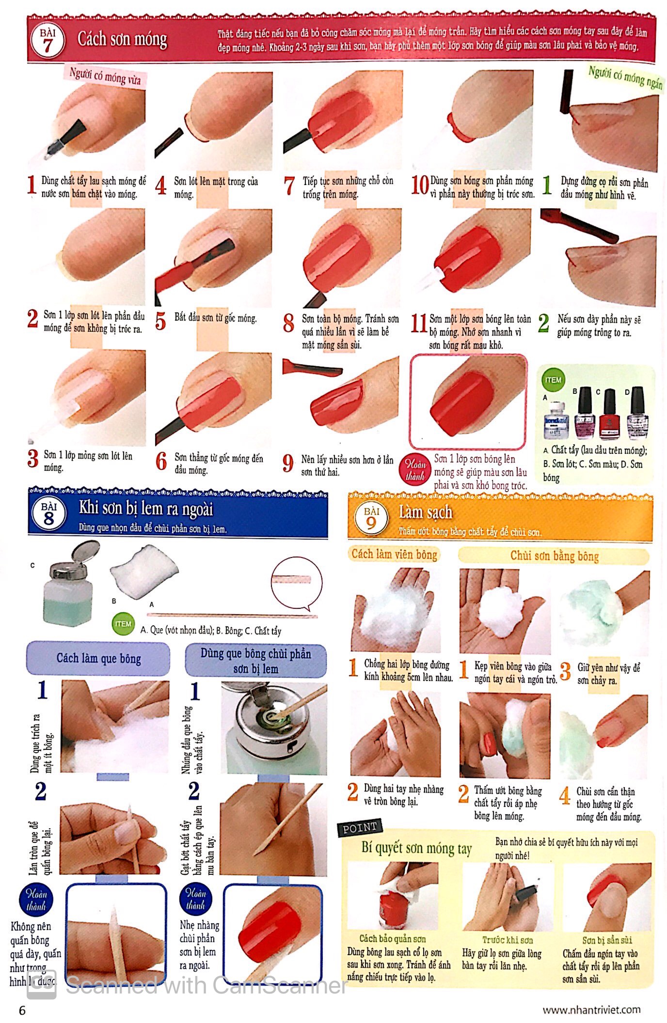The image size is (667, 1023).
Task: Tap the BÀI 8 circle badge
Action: (48, 514)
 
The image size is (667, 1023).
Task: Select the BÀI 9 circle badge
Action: (371, 518)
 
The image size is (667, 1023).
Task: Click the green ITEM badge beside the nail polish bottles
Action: (553, 380)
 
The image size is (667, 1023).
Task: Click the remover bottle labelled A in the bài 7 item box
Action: (555, 419)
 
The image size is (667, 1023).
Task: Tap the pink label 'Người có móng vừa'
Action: (105, 77)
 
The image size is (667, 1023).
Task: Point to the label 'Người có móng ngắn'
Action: (625, 77)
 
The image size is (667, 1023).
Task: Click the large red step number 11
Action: (418, 323)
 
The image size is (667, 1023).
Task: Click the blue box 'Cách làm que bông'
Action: (98, 658)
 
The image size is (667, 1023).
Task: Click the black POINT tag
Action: (360, 828)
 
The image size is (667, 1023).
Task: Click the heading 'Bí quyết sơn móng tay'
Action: (416, 848)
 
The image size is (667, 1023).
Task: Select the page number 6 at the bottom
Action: (22, 1010)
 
